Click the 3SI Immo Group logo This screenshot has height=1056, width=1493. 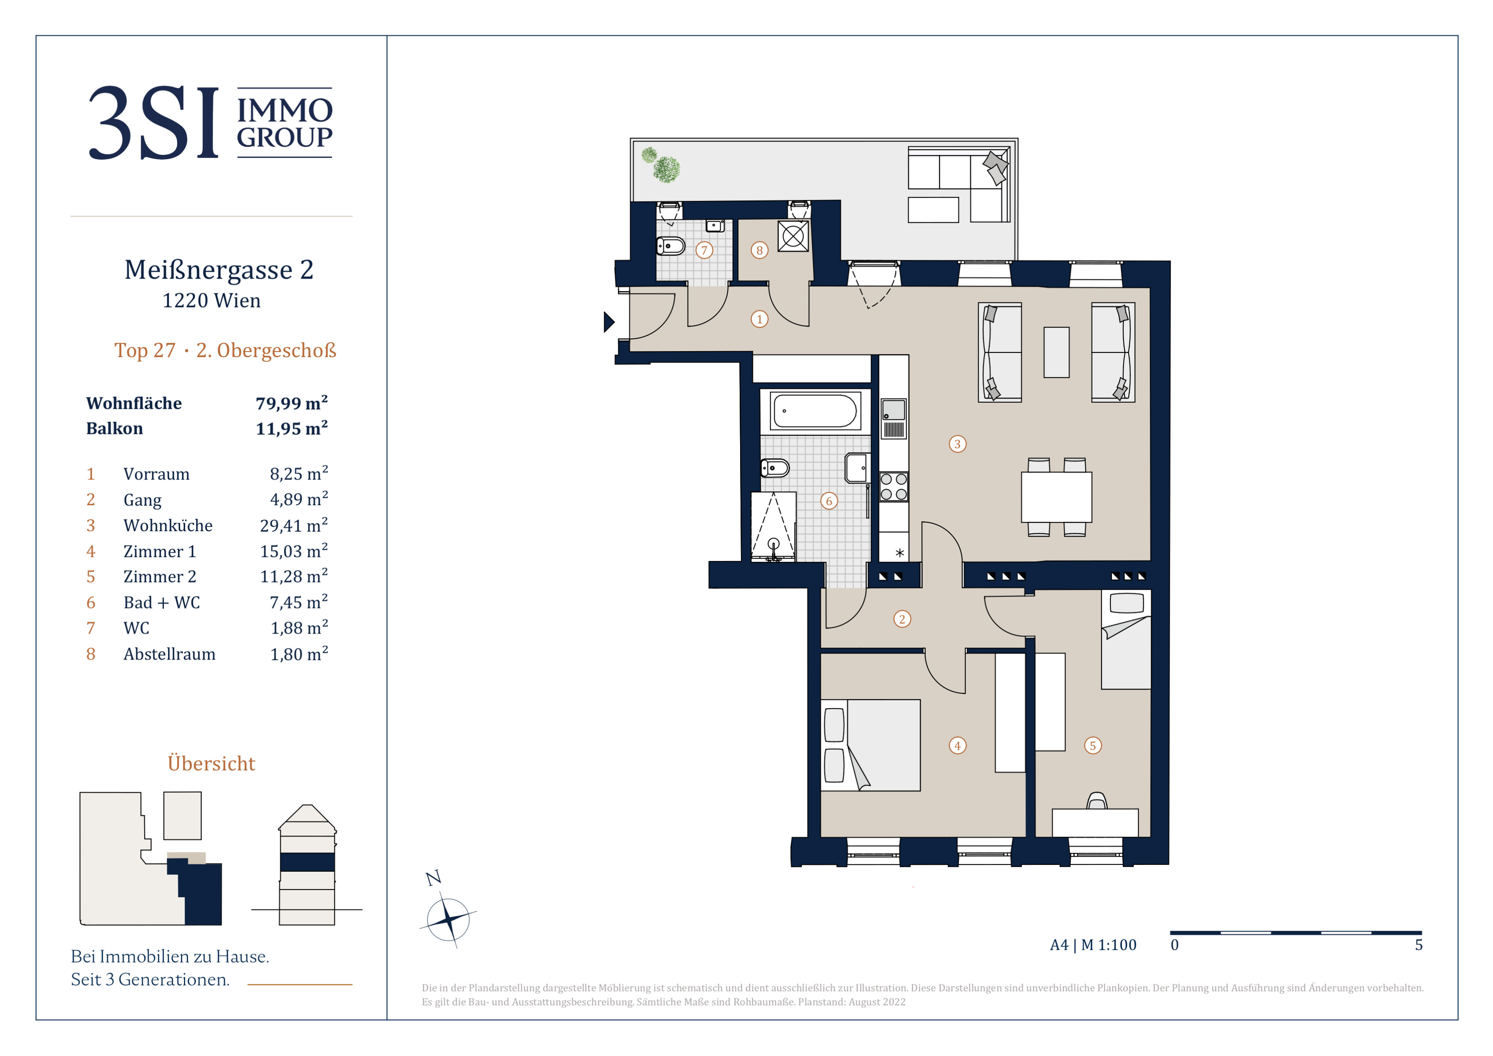[x=211, y=122]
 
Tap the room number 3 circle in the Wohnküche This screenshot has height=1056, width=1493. [x=957, y=444]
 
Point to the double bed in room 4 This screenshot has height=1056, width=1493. [x=870, y=745]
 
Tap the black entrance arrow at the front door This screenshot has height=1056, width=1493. [x=609, y=322]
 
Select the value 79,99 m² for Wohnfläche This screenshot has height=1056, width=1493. [x=291, y=403]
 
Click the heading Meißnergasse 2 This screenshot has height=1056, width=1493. [x=219, y=270]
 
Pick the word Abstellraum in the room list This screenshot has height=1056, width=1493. [x=169, y=654]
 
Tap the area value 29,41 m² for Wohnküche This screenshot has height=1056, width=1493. [x=294, y=525]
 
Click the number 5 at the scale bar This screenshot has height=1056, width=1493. [x=1418, y=945]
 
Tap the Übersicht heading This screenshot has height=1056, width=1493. [x=211, y=763]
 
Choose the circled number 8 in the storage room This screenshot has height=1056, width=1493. [x=759, y=250]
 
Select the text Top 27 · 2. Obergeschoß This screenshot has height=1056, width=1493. [x=225, y=350]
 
